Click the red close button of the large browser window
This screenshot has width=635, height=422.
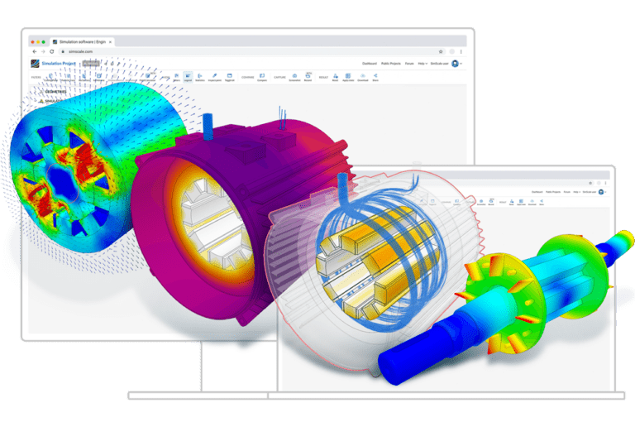point(33,41)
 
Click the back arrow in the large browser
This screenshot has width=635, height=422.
point(34,51)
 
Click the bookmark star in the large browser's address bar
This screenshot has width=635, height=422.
point(440,51)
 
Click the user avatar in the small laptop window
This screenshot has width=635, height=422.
point(601,191)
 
